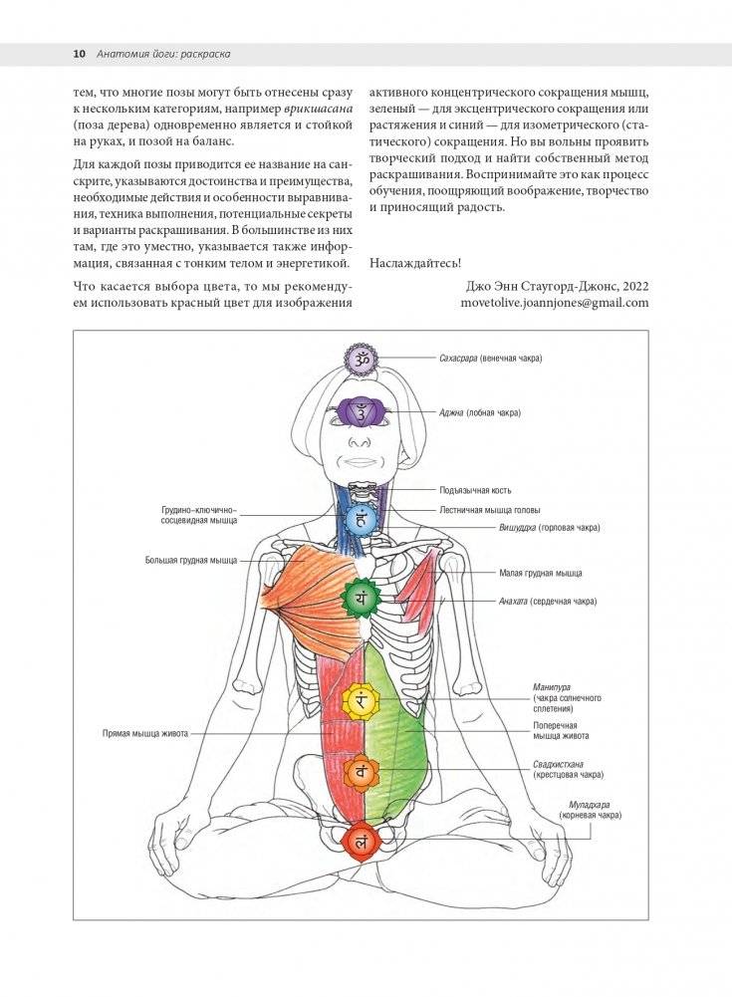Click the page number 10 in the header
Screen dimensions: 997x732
pos(80,53)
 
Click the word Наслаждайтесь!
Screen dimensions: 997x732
pos(415,263)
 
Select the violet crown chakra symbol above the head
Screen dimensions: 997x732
pos(359,358)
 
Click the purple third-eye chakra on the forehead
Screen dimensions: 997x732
pos(360,411)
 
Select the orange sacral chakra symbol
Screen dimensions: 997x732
pos(361,771)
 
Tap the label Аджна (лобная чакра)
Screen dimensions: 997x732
pos(480,411)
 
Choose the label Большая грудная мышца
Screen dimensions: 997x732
pos(190,561)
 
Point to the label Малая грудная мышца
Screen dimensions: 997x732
pos(540,574)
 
